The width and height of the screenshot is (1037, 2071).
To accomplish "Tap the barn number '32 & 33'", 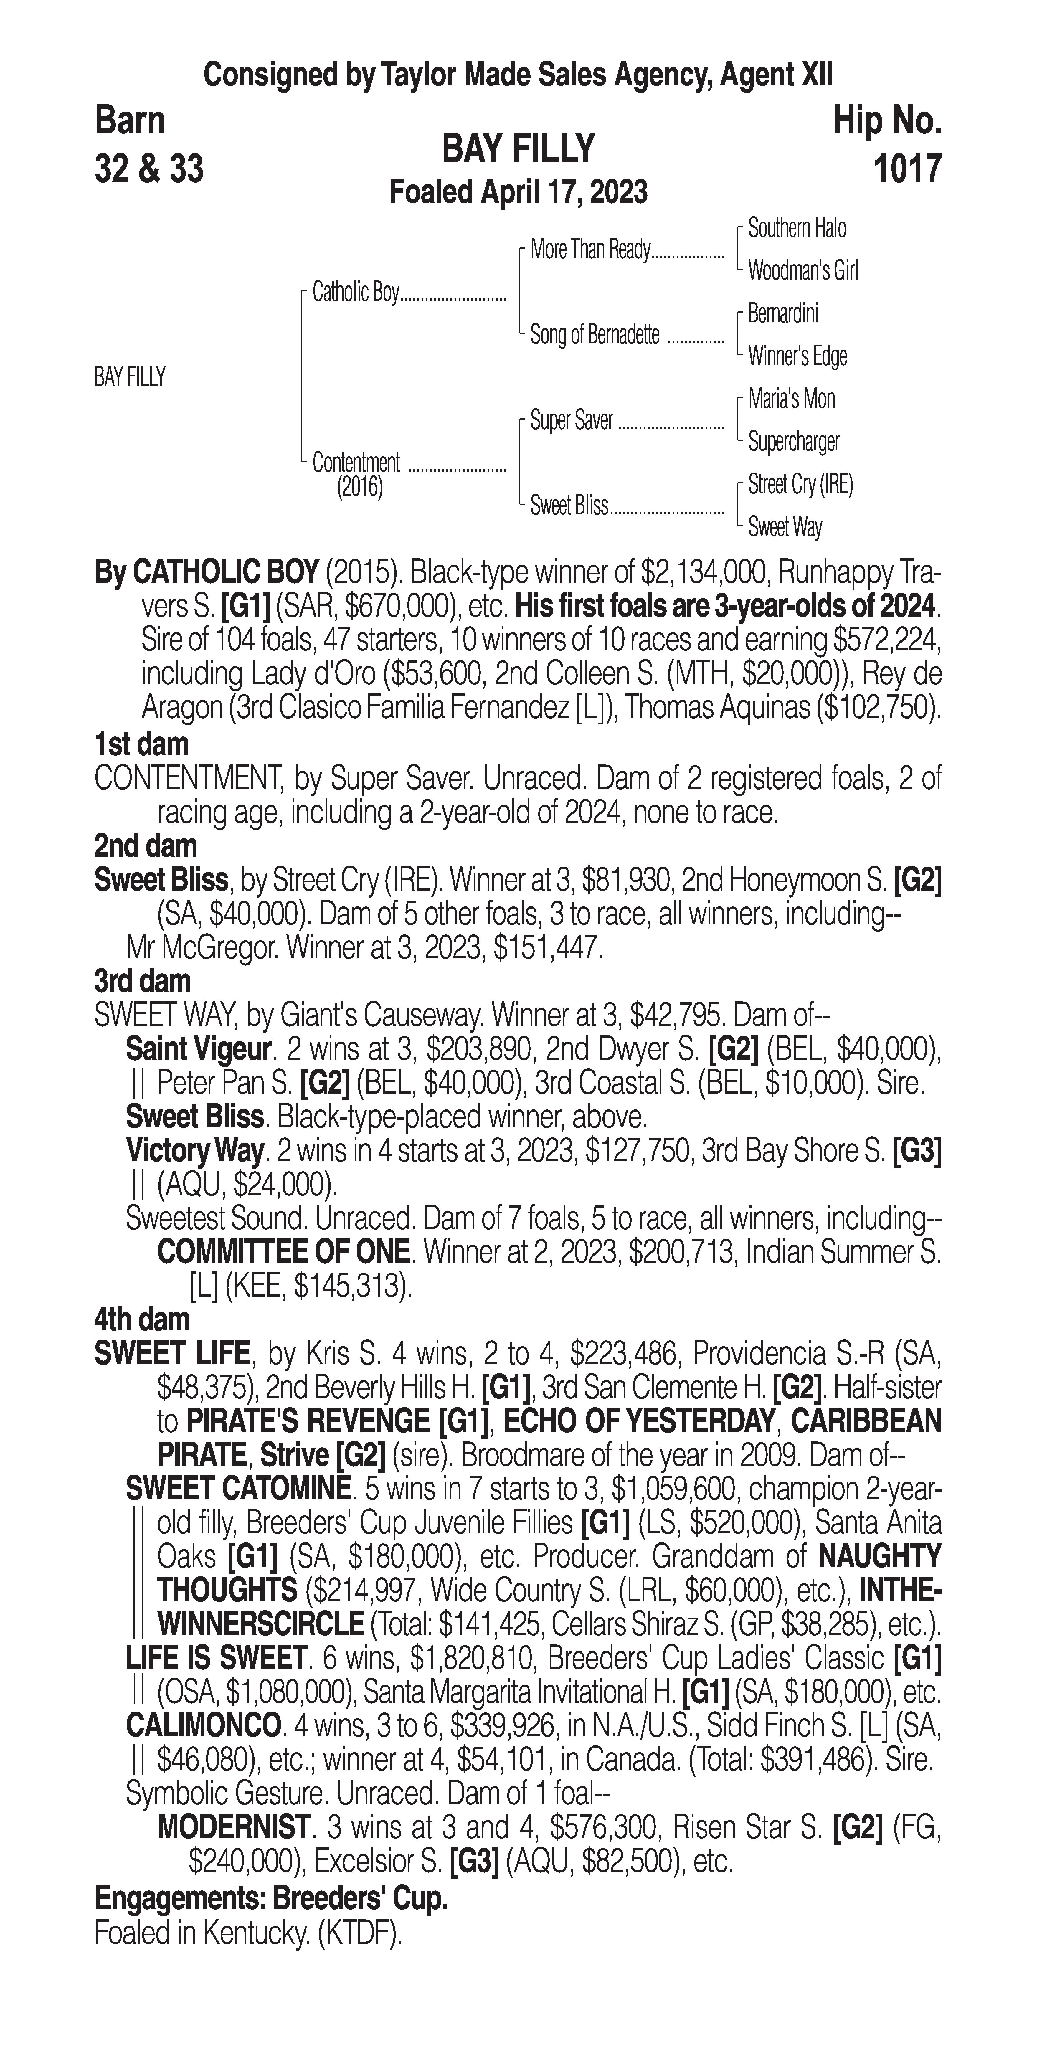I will (149, 169).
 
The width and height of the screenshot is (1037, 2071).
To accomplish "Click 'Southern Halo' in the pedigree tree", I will (797, 228).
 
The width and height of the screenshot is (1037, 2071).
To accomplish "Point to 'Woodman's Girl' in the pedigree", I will (802, 271).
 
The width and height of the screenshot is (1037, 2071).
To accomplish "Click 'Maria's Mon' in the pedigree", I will (791, 399).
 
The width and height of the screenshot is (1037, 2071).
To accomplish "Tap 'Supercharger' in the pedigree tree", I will (793, 441).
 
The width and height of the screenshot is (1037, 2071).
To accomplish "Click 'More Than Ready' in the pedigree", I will (589, 250).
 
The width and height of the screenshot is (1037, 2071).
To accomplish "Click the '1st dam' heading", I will (141, 744).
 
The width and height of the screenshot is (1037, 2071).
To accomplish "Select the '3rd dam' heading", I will (143, 982).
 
